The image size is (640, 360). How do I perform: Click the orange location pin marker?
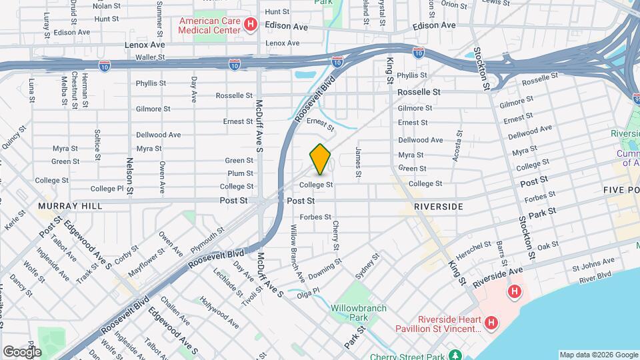tap(320, 159)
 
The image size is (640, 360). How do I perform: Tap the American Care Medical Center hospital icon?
tap(251, 26)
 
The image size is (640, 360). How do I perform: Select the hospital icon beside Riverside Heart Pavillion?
tap(491, 323)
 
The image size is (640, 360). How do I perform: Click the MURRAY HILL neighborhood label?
tap(71, 206)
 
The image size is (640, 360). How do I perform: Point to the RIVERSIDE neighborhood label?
tap(438, 207)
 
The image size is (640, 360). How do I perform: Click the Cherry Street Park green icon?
tap(455, 354)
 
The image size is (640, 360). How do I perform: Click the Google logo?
tap(21, 351)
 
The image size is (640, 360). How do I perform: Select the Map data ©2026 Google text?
tap(598, 355)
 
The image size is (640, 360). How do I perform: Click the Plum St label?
tap(240, 173)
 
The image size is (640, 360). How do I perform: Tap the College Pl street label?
tap(107, 189)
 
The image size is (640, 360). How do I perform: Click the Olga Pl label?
tap(309, 292)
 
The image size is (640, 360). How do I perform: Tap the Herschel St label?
tap(474, 251)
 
